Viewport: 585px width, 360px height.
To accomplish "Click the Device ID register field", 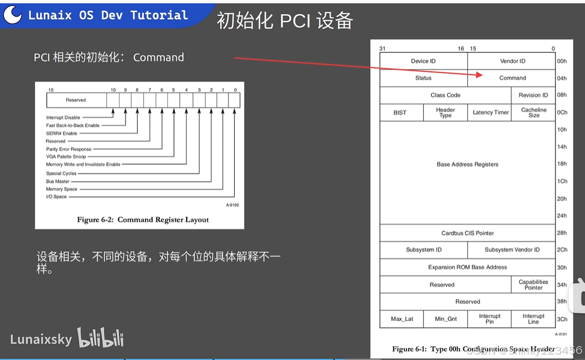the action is tap(423, 61).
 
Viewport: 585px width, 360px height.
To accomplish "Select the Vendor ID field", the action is tap(512, 61).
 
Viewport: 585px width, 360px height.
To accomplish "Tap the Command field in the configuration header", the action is tap(512, 78).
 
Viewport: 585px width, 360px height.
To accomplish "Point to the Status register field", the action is tap(423, 78).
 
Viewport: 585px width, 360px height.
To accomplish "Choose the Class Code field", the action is tap(445, 95).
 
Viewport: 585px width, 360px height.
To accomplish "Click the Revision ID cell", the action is tap(533, 95).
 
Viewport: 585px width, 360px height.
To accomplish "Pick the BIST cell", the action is tap(400, 112).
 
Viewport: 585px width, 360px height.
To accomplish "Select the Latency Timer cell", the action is tap(490, 112).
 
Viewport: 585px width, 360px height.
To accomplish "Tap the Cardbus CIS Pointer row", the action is tap(467, 233).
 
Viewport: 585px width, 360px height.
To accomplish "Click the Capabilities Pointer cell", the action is tap(533, 284).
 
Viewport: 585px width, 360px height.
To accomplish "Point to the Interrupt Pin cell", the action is tap(489, 319).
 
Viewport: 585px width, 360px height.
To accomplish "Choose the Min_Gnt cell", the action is tap(446, 319).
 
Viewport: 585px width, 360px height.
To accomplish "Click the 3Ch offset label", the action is tap(561, 319).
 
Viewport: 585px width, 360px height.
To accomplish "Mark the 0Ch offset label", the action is tap(561, 112).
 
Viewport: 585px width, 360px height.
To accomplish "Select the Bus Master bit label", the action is tap(58, 181).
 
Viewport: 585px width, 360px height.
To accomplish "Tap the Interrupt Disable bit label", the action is tap(63, 117).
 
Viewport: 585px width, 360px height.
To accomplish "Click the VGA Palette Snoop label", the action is tap(66, 157).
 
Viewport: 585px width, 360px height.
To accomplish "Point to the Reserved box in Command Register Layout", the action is tap(76, 100).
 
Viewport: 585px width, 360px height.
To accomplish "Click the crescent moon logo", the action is tap(13, 15).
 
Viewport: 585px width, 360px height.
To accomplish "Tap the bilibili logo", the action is tap(100, 338).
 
